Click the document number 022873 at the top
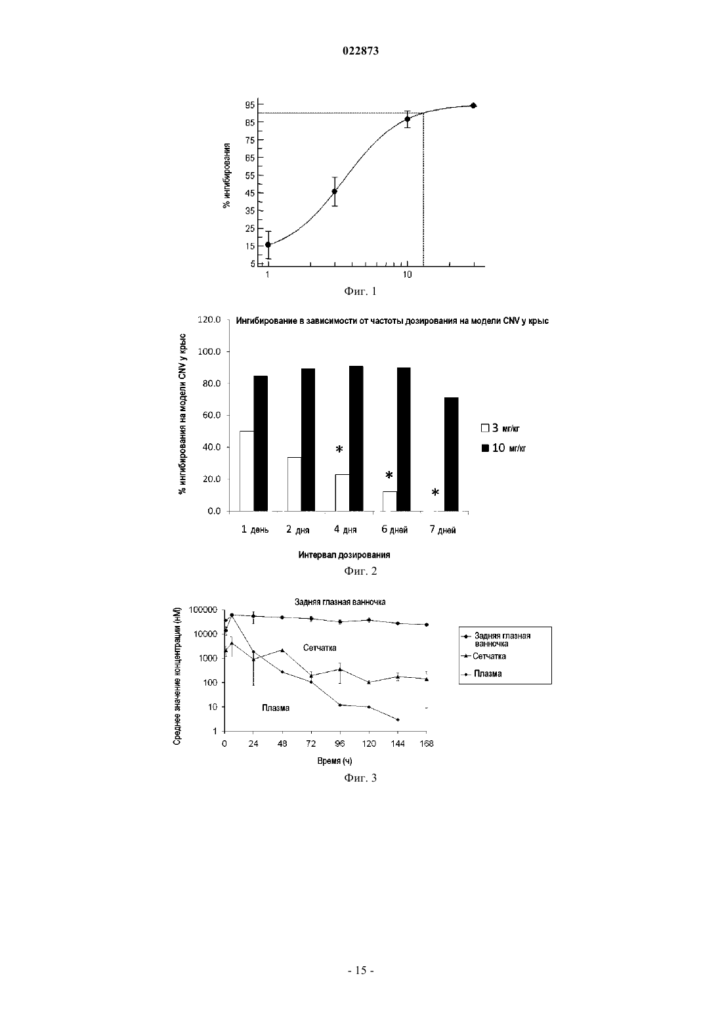coord(360,51)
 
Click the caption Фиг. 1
coord(360,291)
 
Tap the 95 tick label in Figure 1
coord(250,105)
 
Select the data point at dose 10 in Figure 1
coord(408,119)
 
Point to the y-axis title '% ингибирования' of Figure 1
coord(226,175)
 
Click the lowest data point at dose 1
coord(268,244)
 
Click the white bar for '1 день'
coord(247,471)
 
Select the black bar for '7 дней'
coord(452,454)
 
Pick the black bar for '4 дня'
coord(356,439)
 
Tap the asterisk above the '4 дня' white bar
coord(339,449)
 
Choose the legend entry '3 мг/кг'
coord(500,428)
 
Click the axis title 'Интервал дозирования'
coord(344,555)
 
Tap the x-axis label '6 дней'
coord(394,529)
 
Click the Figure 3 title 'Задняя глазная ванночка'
coord(340,602)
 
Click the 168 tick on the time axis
coord(427,744)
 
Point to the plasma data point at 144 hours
coord(398,720)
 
